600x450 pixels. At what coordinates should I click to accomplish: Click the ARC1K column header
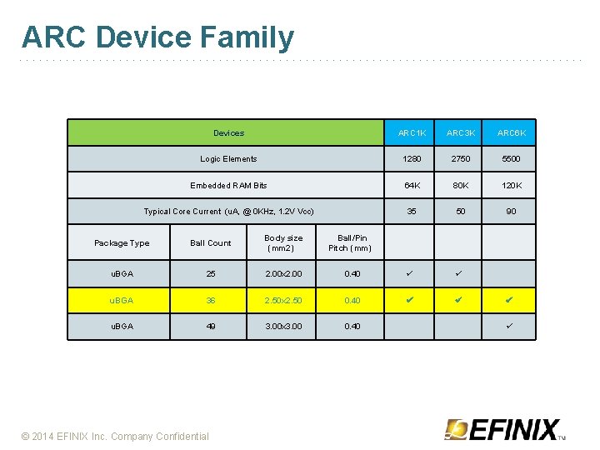(412, 133)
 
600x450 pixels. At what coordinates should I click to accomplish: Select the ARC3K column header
(461, 133)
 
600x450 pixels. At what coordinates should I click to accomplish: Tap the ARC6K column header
(511, 133)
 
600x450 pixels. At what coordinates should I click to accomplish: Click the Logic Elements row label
(228, 159)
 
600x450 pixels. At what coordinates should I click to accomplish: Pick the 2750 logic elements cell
(461, 159)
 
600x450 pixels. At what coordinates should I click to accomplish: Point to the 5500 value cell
(511, 159)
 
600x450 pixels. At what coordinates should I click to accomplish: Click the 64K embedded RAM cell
(412, 185)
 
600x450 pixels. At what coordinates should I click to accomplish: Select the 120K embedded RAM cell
(511, 185)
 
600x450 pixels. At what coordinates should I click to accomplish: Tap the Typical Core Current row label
(228, 212)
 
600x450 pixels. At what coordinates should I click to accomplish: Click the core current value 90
(511, 212)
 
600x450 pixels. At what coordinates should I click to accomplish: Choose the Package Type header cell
(122, 243)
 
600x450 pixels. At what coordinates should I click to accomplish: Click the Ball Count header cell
(210, 243)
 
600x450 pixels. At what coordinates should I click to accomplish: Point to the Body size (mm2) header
(283, 243)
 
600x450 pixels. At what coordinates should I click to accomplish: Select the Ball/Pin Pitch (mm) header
(350, 243)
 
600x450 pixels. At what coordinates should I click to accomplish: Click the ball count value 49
(210, 326)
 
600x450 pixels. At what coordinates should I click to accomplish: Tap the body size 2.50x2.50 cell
(283, 300)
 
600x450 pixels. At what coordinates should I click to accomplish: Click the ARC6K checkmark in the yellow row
(511, 300)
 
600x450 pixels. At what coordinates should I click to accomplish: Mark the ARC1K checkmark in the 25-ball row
(412, 273)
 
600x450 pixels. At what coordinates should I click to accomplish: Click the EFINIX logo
(505, 429)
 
